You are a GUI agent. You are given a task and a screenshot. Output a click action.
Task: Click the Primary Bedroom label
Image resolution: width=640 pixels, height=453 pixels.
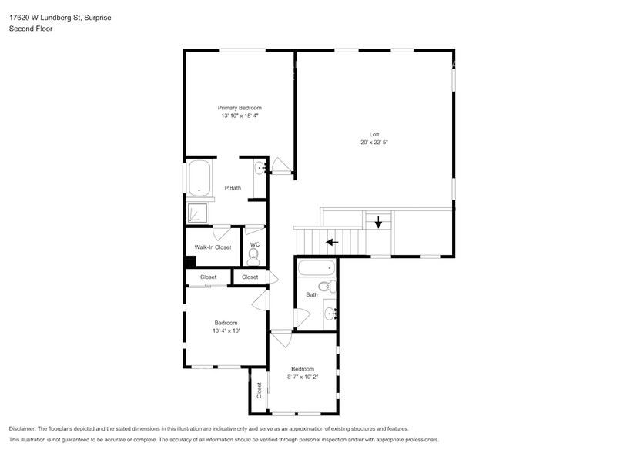pyautogui.click(x=240, y=107)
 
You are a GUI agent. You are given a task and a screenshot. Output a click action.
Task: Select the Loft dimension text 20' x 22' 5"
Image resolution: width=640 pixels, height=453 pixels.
pyautogui.click(x=374, y=143)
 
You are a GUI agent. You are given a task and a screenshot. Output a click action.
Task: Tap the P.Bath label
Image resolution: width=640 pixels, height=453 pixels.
pyautogui.click(x=230, y=188)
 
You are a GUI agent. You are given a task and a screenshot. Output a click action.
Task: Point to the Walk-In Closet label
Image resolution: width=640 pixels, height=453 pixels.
pyautogui.click(x=213, y=247)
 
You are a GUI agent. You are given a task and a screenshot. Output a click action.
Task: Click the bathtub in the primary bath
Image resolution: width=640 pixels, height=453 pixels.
pyautogui.click(x=200, y=179)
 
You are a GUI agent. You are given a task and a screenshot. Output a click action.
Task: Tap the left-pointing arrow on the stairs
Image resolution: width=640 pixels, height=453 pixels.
pyautogui.click(x=332, y=241)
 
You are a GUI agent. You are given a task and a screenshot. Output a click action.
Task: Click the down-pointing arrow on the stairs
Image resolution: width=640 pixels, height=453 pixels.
pyautogui.click(x=378, y=223)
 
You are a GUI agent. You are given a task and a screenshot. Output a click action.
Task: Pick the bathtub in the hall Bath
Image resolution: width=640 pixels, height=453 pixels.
pyautogui.click(x=317, y=270)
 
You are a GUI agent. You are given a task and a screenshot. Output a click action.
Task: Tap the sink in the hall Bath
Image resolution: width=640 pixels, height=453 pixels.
pyautogui.click(x=329, y=313)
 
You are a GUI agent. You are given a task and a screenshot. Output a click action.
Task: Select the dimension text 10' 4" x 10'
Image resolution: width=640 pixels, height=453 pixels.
pyautogui.click(x=226, y=331)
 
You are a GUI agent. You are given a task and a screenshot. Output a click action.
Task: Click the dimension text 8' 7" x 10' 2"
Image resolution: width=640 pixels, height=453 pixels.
pyautogui.click(x=303, y=377)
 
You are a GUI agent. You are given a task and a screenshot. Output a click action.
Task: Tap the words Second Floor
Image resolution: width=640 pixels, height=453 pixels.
pyautogui.click(x=31, y=29)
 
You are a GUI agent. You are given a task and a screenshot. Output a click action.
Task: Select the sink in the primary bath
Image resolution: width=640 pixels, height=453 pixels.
pyautogui.click(x=260, y=166)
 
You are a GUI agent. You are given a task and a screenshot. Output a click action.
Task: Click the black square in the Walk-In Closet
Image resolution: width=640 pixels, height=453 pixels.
pyautogui.click(x=190, y=262)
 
